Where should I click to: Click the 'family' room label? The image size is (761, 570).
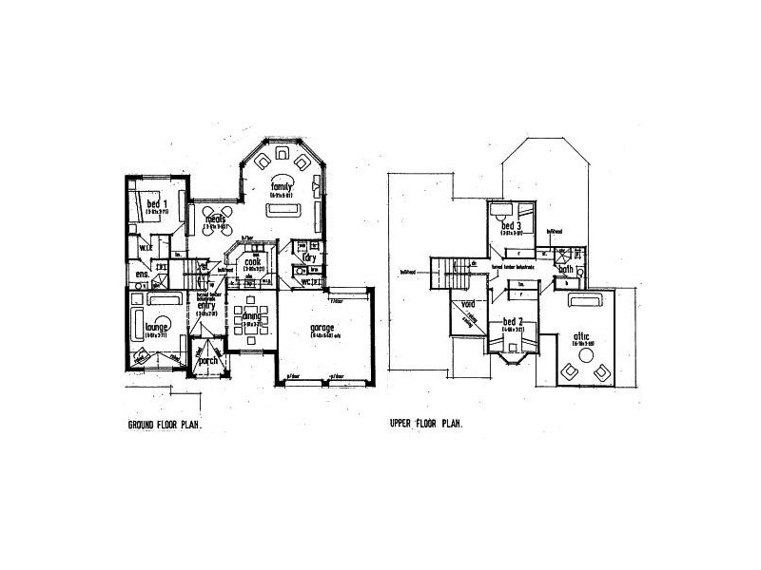tap(281, 187)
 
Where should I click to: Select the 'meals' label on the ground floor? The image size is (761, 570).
tap(216, 220)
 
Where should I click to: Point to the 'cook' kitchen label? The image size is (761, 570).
tap(252, 262)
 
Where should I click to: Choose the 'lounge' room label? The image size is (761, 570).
tap(158, 327)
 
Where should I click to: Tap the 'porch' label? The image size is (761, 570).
tap(207, 361)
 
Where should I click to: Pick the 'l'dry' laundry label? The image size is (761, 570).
tap(308, 257)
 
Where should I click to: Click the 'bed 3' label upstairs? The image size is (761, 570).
tap(512, 226)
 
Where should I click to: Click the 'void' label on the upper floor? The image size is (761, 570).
tap(467, 305)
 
